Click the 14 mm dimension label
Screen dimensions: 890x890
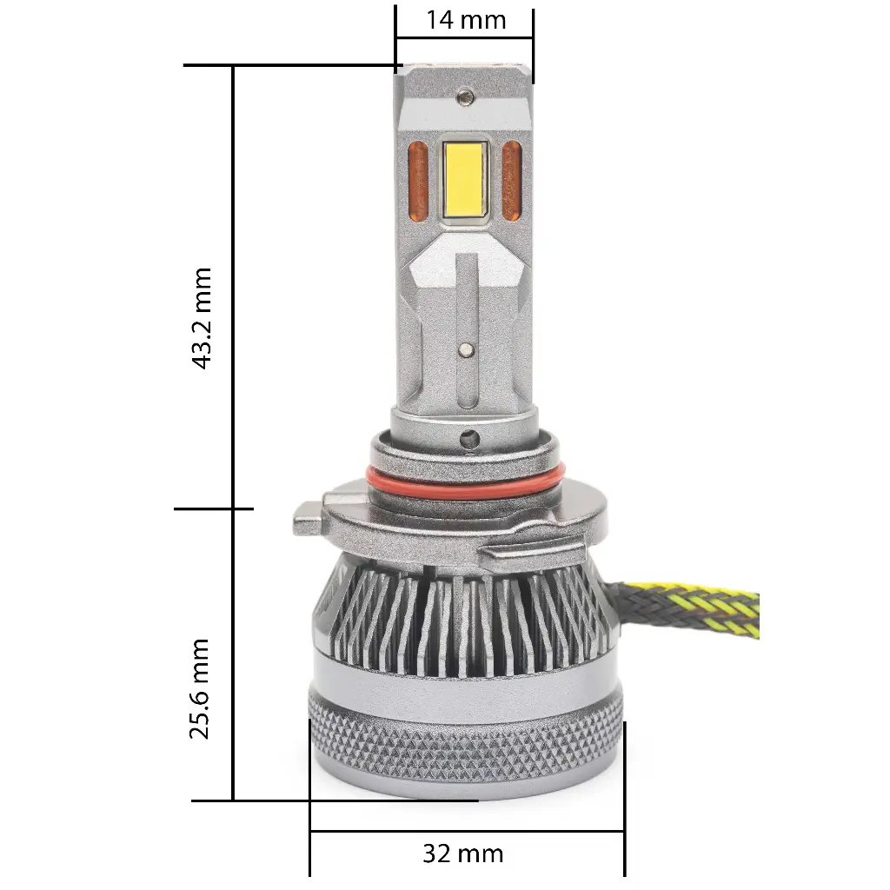click(465, 20)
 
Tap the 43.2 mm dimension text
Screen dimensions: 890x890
click(203, 319)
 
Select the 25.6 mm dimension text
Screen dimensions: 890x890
click(201, 687)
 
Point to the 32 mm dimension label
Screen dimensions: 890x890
click(462, 853)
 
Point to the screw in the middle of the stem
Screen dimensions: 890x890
click(466, 349)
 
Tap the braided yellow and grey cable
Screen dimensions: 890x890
click(695, 614)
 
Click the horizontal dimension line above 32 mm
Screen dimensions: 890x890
click(466, 832)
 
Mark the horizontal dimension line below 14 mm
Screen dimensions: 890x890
click(465, 38)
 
